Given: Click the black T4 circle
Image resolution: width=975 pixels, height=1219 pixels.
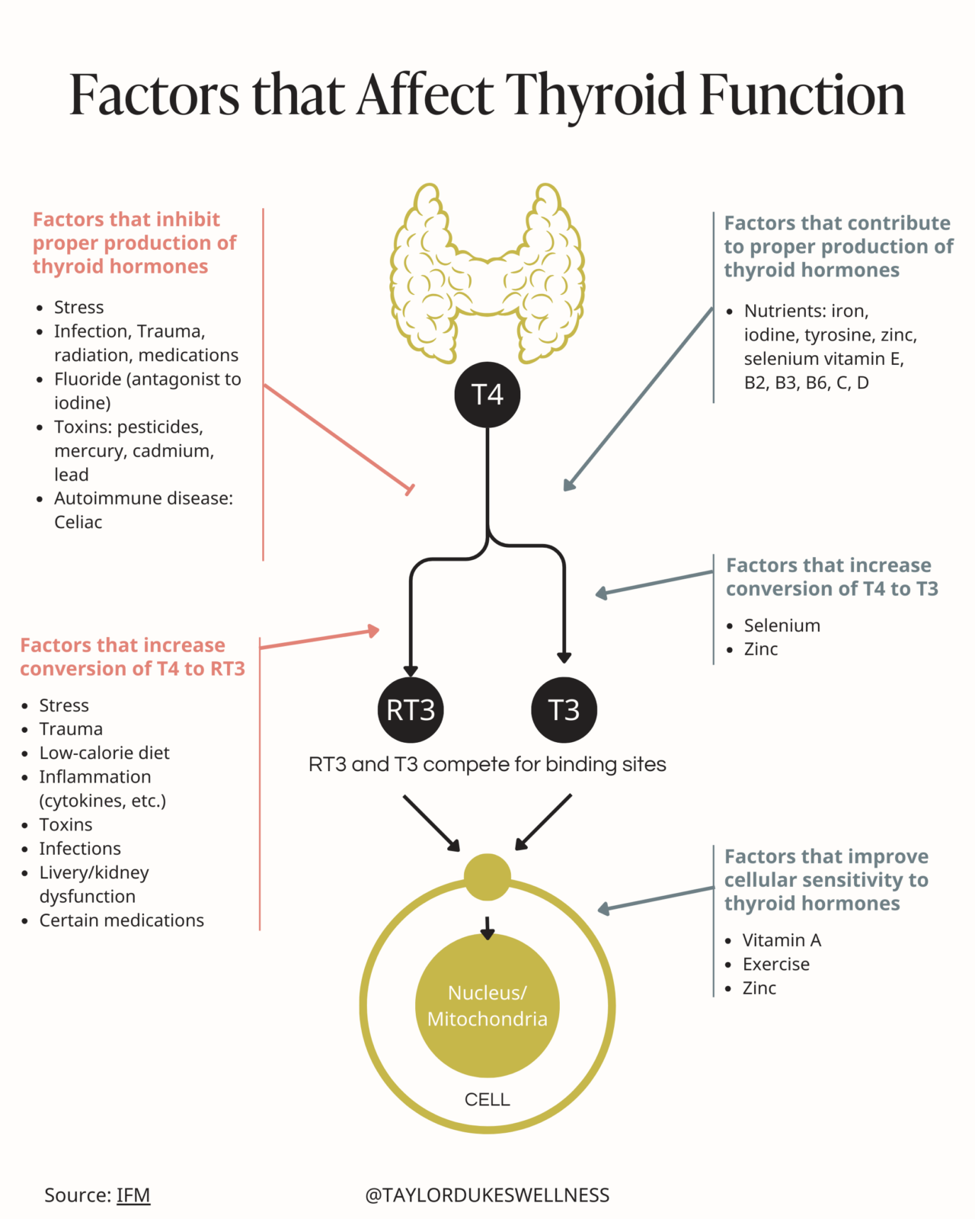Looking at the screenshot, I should click(x=487, y=395).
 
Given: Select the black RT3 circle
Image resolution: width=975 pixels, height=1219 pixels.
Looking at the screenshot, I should click(x=411, y=710).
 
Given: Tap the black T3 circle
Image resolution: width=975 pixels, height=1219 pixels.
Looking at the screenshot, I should click(x=564, y=710).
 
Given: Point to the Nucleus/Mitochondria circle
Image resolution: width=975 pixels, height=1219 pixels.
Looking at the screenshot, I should click(x=487, y=1006).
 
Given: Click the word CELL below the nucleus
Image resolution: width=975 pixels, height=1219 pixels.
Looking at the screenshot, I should click(x=487, y=1099).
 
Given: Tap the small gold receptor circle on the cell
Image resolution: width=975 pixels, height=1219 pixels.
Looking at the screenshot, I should click(x=487, y=877).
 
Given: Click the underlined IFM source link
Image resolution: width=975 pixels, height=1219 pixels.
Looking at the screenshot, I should click(x=133, y=1195).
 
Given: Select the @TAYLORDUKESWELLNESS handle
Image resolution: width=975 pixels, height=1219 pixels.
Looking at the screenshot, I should click(x=487, y=1195).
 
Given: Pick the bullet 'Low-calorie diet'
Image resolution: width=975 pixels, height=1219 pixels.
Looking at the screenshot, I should click(x=104, y=753).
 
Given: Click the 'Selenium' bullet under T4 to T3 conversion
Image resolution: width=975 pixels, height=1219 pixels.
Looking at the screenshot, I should click(x=782, y=625).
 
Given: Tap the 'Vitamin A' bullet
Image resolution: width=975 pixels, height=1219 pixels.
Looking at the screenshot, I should click(x=782, y=940).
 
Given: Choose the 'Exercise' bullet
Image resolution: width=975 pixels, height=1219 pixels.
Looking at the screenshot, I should click(x=775, y=964).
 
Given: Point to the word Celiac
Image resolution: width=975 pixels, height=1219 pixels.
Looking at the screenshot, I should click(x=78, y=522).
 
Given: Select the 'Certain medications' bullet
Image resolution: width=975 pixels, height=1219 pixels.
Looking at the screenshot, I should click(x=122, y=920).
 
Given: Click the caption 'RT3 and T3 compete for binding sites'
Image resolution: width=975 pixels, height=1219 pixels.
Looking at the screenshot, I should click(x=487, y=764).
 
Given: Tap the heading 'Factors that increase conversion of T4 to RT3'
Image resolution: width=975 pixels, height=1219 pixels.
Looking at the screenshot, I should click(x=133, y=657).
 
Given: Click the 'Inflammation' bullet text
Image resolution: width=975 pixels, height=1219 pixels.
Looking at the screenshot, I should click(x=95, y=777).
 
